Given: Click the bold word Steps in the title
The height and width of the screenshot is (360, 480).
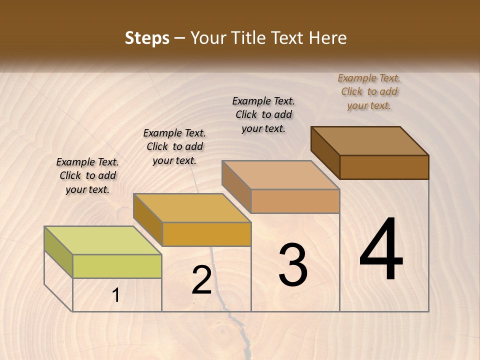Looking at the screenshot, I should click(147, 38).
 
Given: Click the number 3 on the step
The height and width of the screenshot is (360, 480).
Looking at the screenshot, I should click(293, 265).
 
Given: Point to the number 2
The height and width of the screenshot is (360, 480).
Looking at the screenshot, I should click(201, 280).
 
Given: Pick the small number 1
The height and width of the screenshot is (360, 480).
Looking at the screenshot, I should click(115, 295).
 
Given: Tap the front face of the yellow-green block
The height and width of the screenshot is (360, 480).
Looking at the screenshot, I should click(117, 266).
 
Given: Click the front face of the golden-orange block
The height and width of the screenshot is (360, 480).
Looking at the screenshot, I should click(206, 234).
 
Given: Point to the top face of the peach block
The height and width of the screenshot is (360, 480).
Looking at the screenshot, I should click(280, 175).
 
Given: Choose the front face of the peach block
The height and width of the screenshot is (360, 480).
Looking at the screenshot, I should click(295, 201).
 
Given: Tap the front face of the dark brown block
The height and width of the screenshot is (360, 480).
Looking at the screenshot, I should click(384, 167).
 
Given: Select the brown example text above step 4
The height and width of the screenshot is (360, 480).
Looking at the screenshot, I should click(369, 91).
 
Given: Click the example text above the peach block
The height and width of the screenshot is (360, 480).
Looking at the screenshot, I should click(263, 114).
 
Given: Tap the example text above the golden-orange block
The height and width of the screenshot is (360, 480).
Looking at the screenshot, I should click(174, 146).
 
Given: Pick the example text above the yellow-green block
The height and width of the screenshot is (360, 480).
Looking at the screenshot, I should click(87, 175).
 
